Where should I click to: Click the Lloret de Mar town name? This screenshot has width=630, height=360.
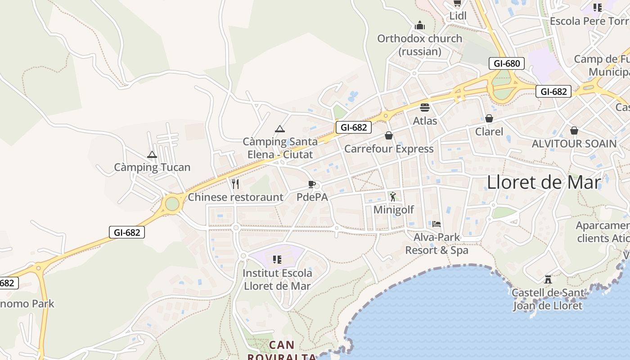point(544,182)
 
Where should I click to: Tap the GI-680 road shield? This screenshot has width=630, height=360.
point(507,63)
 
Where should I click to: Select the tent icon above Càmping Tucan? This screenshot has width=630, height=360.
point(152,155)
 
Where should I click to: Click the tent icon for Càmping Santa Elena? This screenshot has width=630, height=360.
point(280,129)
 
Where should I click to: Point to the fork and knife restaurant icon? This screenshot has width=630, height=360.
point(235,184)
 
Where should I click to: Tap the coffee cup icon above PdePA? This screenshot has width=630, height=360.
point(311,184)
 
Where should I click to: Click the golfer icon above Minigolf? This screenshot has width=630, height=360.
point(393,197)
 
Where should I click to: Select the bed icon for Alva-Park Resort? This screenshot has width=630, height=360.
point(436,224)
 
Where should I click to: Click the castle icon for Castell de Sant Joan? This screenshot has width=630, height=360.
point(548,279)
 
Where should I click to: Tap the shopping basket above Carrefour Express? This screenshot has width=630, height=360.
point(389,135)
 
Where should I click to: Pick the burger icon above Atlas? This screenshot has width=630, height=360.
point(425,108)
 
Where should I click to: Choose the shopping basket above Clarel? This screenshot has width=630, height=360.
point(489,118)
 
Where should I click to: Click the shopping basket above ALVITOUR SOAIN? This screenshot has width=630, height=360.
point(574,130)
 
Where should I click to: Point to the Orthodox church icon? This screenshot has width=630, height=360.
point(420,25)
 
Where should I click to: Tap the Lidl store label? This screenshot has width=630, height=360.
point(458,16)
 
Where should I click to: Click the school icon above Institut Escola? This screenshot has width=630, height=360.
point(277,260)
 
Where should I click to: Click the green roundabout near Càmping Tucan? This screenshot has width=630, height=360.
point(172,204)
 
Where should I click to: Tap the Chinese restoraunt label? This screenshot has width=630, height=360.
point(235,197)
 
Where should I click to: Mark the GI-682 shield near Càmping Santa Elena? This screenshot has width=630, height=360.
point(354,127)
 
